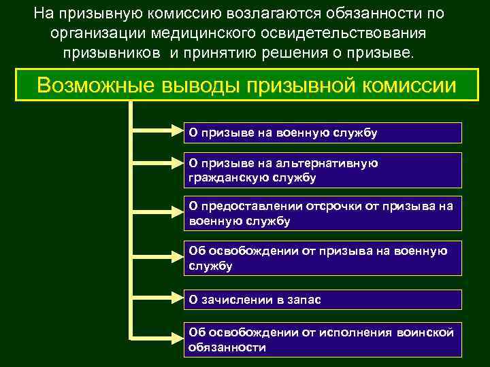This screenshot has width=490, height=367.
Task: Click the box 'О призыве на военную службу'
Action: pos(323,133)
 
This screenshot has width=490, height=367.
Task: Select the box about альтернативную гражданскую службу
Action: pos(323,171)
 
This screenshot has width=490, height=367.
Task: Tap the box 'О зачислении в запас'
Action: pos(323,300)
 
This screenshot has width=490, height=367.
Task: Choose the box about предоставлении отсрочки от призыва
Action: pos(323,213)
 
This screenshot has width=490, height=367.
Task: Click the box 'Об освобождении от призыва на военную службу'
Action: pos(323,259)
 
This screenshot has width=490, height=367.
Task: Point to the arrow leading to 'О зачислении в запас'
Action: pos(157,300)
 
